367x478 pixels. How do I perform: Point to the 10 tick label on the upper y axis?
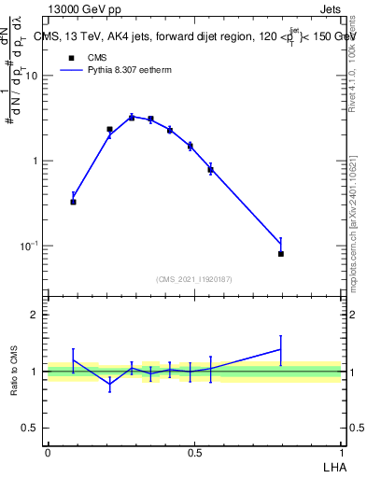[x=31, y=77]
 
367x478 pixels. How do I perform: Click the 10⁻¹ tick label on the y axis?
[x=29, y=246]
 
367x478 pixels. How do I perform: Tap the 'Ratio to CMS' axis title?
[x=15, y=371]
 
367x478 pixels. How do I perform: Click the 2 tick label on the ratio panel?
[x=35, y=315]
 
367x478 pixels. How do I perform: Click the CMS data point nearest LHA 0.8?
[x=281, y=253]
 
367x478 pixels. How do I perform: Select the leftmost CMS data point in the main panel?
[x=73, y=202]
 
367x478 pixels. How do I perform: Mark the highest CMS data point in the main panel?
[x=132, y=118]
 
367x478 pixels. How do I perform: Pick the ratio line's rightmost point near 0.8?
[x=281, y=349]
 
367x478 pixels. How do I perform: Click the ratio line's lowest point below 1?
[x=110, y=384]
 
